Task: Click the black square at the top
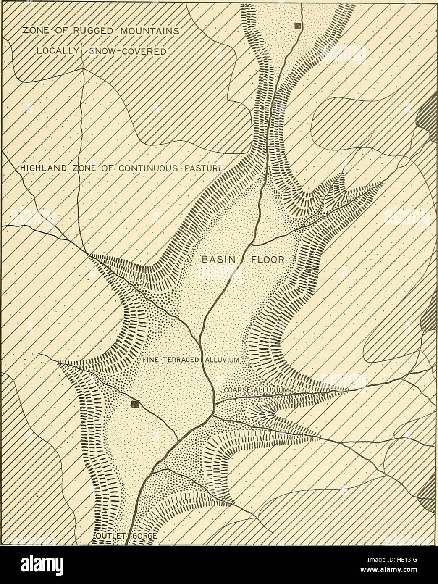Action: (298, 26)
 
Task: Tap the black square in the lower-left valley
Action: (135, 404)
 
